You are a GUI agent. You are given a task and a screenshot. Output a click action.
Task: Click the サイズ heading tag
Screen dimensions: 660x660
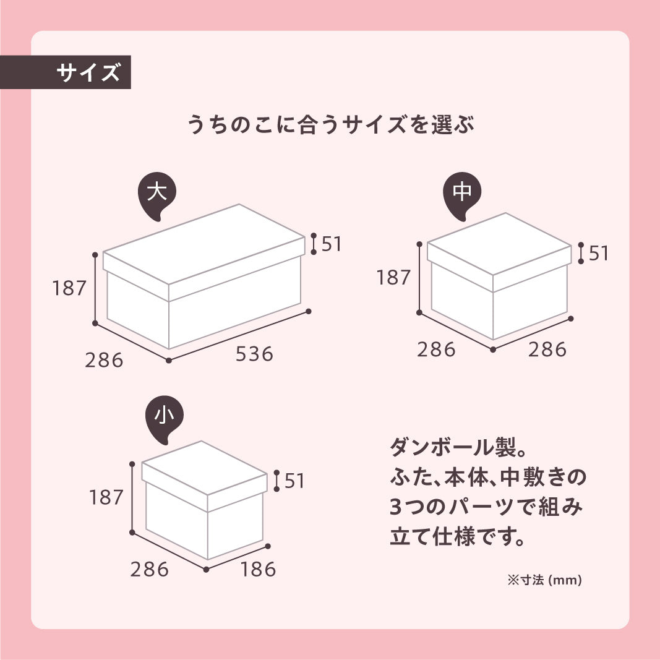[65, 72]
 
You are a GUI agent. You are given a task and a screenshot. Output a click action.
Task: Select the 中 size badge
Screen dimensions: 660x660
[462, 194]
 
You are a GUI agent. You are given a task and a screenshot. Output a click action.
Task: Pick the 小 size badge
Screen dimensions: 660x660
[164, 418]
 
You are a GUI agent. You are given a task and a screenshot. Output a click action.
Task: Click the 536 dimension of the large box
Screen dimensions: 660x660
[254, 354]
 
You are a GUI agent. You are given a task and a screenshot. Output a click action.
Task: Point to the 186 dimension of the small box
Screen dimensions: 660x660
[258, 569]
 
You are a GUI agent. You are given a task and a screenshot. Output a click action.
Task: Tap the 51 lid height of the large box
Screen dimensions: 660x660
[332, 244]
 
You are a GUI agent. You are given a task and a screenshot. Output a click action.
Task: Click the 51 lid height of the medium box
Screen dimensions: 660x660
[599, 254]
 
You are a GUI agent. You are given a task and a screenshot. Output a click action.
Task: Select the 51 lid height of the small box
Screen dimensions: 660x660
[294, 481]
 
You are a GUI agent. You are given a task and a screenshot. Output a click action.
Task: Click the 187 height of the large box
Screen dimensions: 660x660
[69, 288]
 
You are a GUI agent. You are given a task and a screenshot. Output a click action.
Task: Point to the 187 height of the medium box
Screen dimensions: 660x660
[393, 278]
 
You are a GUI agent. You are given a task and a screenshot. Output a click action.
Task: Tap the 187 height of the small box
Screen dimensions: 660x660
[106, 497]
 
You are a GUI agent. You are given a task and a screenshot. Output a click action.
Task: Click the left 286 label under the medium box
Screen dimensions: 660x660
[436, 349]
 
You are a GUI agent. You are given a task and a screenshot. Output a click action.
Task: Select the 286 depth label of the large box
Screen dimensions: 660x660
[104, 360]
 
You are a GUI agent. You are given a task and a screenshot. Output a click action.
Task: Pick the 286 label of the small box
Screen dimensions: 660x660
[149, 569]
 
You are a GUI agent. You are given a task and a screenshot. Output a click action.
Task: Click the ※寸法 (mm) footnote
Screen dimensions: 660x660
[545, 580]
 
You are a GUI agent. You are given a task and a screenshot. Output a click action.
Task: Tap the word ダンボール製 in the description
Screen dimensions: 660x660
[453, 447]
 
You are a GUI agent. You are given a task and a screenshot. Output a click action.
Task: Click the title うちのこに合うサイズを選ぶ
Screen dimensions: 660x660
[330, 124]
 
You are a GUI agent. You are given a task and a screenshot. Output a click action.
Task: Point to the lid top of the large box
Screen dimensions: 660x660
[204, 244]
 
